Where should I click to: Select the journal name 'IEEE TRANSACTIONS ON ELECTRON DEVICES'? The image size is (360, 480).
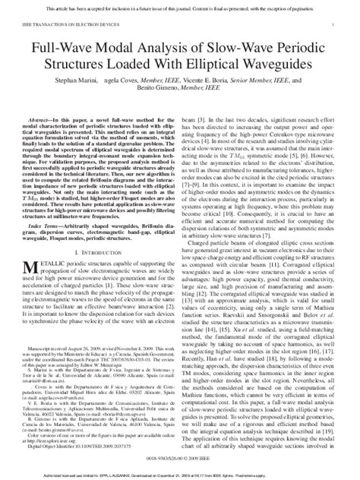tap(58, 25)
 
